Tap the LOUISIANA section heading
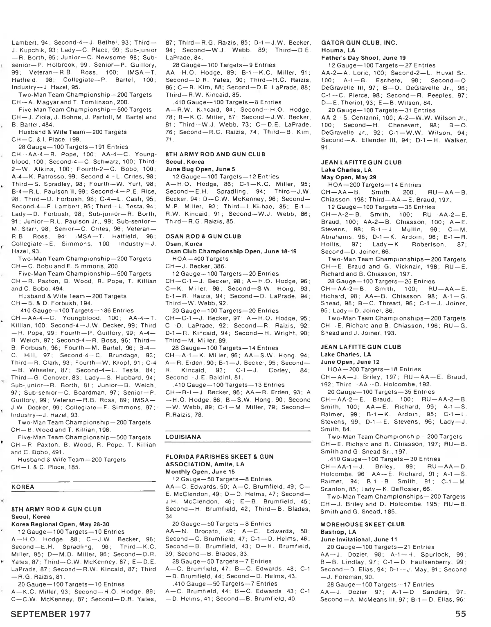[x=183, y=437]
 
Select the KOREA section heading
[x=23, y=487]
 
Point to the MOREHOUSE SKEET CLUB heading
[x=363, y=524]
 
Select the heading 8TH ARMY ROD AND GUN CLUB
[x=216, y=154]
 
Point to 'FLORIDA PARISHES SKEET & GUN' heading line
[x=219, y=456]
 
